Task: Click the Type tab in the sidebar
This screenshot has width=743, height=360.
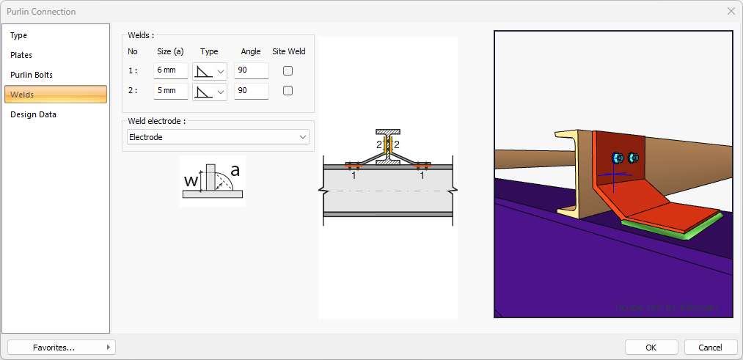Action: [x=19, y=35]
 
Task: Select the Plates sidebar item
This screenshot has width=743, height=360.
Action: [x=21, y=55]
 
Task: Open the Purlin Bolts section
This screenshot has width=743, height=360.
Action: [x=32, y=75]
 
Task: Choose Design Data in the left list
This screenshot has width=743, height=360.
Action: [x=33, y=114]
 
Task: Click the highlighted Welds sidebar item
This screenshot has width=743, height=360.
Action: [x=56, y=95]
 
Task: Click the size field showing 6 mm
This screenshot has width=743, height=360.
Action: [x=170, y=71]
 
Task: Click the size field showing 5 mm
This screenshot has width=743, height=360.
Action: [x=170, y=91]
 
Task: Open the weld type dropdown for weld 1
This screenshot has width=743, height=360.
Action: [x=210, y=71]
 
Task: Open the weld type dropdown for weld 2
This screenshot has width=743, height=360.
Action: [x=210, y=91]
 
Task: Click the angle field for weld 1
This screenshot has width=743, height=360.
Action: [x=251, y=71]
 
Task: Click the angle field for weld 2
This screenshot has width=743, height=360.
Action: [x=251, y=91]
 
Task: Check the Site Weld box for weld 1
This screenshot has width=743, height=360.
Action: [x=288, y=71]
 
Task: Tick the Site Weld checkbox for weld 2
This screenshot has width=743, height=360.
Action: [x=288, y=91]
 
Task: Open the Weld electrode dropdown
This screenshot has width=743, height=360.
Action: [x=218, y=137]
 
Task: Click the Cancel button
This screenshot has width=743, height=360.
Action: [x=710, y=347]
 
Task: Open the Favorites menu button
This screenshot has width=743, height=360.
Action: [x=61, y=347]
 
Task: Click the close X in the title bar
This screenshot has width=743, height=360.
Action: [x=731, y=11]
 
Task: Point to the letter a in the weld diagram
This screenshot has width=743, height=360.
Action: [x=235, y=171]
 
